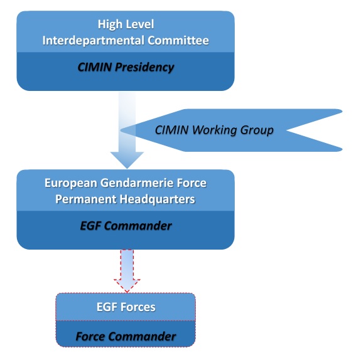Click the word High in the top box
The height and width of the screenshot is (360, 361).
(x=110, y=25)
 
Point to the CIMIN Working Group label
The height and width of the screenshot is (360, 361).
(x=214, y=130)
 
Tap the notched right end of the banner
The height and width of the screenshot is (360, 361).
(x=326, y=130)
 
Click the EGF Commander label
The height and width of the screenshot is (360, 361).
(x=126, y=226)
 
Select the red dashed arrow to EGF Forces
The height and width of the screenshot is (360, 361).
(x=126, y=270)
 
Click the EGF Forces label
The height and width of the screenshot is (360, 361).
(x=126, y=308)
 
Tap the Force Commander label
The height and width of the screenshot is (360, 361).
(x=126, y=336)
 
